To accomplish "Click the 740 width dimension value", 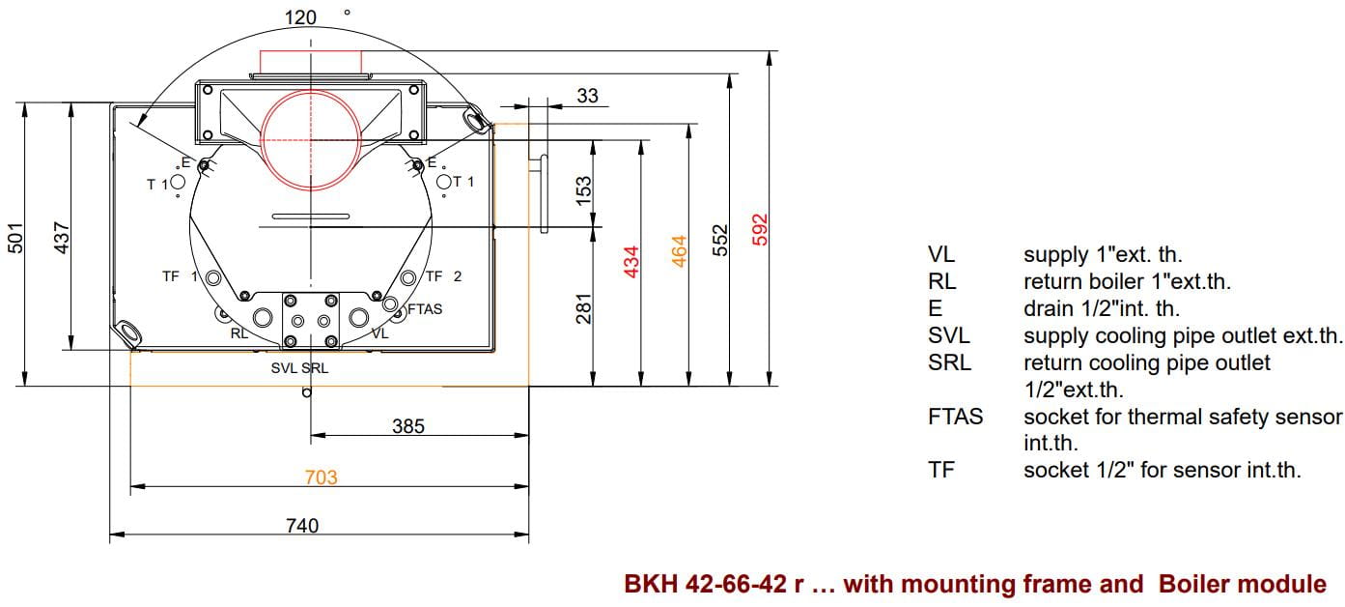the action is pos(302,526).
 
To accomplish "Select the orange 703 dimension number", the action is pos(322,477).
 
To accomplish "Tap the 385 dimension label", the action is pos(408,426).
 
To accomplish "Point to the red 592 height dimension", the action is pos(760,230).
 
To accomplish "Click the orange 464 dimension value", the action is pos(679,251).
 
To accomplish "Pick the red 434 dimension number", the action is pos(630,262).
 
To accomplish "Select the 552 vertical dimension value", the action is pos(719,241).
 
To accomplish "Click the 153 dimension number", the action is pos(583,190).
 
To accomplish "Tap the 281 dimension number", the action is pos(583,309).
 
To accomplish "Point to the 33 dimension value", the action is pos(587,96).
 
